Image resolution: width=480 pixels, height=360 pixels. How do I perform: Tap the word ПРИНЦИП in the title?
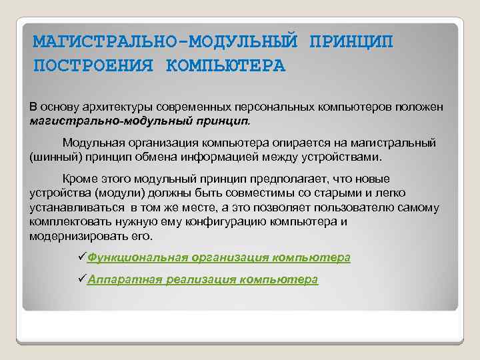351,42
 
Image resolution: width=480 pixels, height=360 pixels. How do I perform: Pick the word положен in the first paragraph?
417,107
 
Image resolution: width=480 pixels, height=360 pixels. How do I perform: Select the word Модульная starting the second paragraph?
95,143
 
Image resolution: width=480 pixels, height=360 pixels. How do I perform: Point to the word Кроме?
79,179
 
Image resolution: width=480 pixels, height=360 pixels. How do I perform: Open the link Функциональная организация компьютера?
219,257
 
